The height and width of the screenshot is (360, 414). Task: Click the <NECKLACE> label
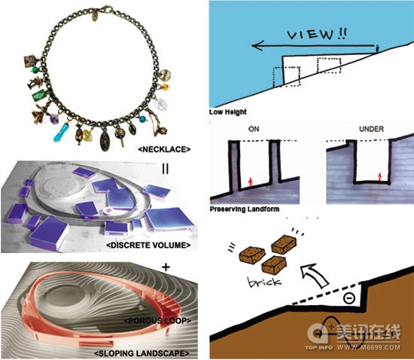[x=164, y=149]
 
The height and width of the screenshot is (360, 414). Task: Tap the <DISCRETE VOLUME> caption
[x=148, y=246]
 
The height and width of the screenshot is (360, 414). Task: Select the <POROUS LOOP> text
[x=157, y=321]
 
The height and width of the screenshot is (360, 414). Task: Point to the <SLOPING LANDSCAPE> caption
[x=142, y=353]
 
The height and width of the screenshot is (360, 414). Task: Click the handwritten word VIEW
[x=310, y=35]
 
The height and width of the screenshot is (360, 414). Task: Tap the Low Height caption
[x=228, y=112]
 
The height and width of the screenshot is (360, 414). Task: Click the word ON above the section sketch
[x=254, y=129]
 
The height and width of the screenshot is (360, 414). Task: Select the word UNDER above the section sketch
[x=371, y=129]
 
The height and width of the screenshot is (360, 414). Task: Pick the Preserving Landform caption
[x=245, y=209]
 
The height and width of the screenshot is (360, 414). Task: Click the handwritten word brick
[x=264, y=282]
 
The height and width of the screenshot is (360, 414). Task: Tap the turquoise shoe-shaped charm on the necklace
[x=61, y=133]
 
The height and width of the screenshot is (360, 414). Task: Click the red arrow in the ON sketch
[x=251, y=182]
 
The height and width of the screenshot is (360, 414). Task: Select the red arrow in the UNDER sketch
[x=380, y=176]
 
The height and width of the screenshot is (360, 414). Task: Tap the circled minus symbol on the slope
[x=349, y=298]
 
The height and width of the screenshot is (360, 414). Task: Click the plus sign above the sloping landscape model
[x=166, y=267]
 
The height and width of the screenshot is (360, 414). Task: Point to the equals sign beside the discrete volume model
[x=166, y=169]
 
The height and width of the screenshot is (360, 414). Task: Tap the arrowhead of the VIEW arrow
[x=257, y=46]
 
